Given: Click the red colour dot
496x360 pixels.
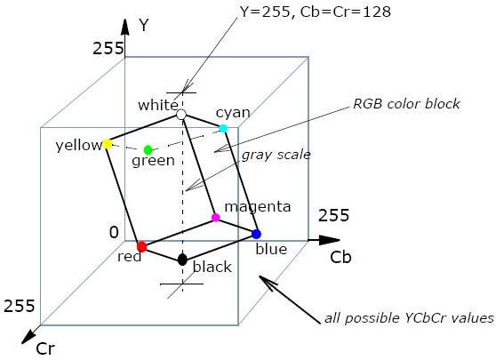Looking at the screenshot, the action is [141, 246].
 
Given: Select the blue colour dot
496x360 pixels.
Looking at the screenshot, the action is [256, 234].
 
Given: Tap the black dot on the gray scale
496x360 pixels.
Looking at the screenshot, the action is [182, 260].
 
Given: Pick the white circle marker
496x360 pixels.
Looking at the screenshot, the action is [181, 115].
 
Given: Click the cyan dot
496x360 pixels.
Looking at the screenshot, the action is [223, 128].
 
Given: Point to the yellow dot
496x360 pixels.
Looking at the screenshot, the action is [108, 144].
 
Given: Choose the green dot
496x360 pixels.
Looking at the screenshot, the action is [148, 149].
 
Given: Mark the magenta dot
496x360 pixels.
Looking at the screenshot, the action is [215, 218].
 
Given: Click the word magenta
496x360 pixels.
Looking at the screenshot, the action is [258, 207].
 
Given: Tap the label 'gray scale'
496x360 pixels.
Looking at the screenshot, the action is [276, 155].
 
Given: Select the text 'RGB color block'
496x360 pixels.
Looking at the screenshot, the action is [406, 104].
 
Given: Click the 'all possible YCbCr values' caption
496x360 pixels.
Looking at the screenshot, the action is [409, 318].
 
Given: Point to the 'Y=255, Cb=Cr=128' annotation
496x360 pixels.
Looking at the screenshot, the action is [316, 12].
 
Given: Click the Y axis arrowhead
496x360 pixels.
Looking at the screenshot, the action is [125, 27].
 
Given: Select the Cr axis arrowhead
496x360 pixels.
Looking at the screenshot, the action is [28, 336].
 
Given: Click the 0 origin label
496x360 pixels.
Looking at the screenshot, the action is [114, 233].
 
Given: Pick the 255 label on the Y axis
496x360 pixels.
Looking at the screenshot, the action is [108, 49].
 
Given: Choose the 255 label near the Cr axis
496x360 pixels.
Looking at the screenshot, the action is [19, 306].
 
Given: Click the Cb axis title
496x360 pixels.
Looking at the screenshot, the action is [340, 257].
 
